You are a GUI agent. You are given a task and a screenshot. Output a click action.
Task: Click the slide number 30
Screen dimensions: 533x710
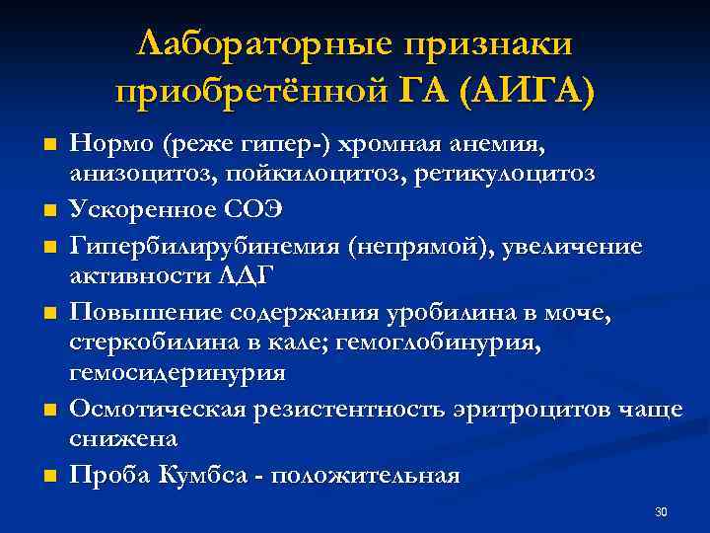point(661,512)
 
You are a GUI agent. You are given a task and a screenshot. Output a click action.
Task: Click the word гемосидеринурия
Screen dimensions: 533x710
point(177,372)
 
